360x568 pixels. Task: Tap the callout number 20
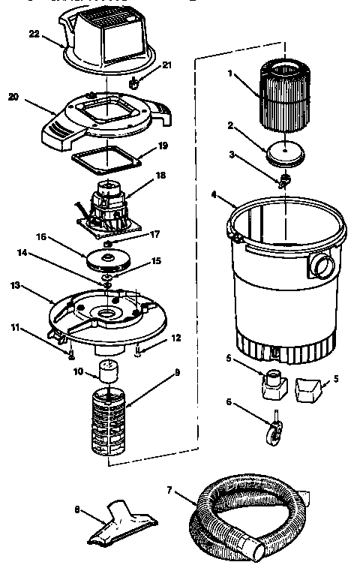13,96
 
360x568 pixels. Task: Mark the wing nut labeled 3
283,180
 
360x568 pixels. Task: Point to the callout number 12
175,338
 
